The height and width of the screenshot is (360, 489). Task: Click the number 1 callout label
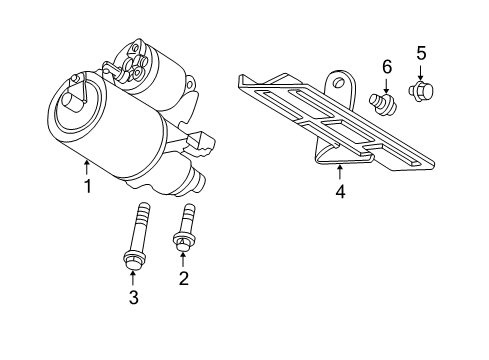pyautogui.click(x=87, y=186)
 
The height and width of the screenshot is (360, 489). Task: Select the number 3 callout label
pyautogui.click(x=132, y=297)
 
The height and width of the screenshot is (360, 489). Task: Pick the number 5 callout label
pyautogui.click(x=420, y=52)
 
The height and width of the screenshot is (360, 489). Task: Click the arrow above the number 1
pyautogui.click(x=87, y=166)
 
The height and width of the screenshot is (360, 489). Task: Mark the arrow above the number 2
pyautogui.click(x=183, y=259)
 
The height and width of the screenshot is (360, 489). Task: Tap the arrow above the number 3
pyautogui.click(x=132, y=278)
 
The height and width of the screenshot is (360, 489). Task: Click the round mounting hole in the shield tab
pyautogui.click(x=340, y=82)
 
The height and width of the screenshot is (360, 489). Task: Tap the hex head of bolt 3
pyautogui.click(x=131, y=262)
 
